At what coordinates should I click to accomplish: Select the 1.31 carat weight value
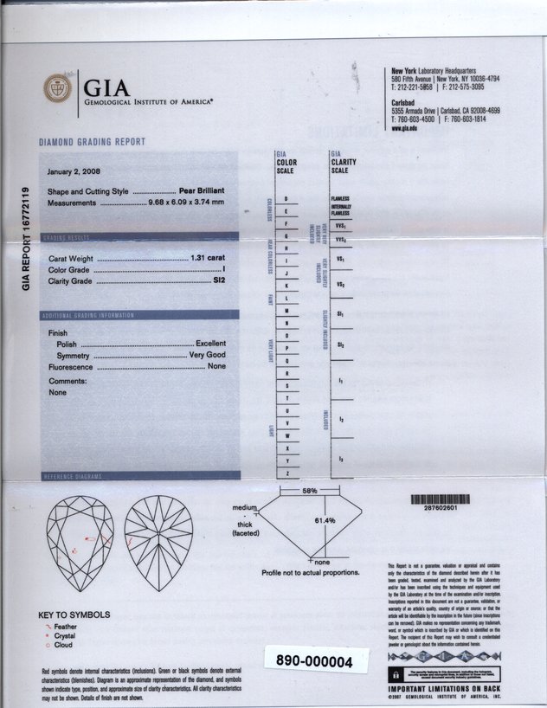click(207, 259)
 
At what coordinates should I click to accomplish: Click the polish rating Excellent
click(210, 344)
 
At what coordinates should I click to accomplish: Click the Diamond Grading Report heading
click(92, 141)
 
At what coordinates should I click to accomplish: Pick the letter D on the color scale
click(286, 201)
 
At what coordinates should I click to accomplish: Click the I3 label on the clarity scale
click(341, 459)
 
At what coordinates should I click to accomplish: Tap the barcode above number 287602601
click(440, 499)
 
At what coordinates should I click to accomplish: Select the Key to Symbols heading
click(74, 615)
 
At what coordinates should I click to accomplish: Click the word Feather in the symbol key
click(65, 626)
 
